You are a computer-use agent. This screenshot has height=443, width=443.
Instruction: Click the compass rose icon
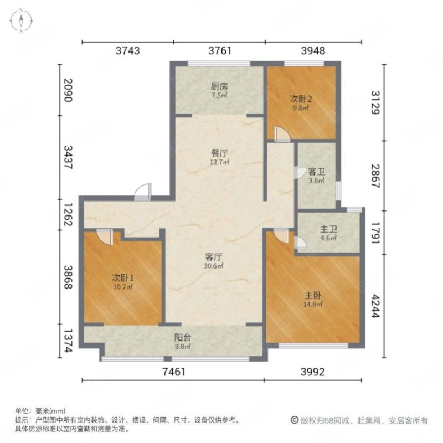point(21,20)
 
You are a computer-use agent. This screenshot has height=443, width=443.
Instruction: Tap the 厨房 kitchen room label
point(219,86)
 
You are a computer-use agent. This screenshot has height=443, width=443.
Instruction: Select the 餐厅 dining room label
point(219,153)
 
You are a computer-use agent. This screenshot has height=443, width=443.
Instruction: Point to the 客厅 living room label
point(214,257)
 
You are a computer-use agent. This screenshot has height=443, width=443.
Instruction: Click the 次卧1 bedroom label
point(122,278)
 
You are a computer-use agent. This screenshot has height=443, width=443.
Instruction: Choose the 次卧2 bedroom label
point(301,99)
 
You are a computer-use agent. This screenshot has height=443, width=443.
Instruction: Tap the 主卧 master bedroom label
point(313,296)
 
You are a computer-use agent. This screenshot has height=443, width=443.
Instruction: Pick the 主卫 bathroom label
point(328,229)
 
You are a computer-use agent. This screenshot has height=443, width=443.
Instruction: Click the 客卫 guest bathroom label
point(316,172)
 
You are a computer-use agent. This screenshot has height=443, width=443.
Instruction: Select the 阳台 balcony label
point(183,337)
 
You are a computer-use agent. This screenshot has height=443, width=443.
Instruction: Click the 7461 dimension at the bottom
point(174,372)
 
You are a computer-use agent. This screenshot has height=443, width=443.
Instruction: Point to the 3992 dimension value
point(312,372)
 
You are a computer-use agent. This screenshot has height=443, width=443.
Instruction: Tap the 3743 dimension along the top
point(128,50)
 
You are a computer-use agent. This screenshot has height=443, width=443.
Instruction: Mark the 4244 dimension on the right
point(376,306)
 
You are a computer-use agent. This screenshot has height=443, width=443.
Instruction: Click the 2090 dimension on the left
point(68,90)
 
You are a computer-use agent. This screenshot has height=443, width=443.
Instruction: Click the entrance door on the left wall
point(143,192)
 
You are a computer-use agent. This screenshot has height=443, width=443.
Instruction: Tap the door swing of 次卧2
point(282,134)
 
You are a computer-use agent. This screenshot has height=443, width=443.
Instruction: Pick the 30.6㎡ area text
point(214,266)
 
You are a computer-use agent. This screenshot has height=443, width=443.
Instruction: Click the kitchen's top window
point(219,64)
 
